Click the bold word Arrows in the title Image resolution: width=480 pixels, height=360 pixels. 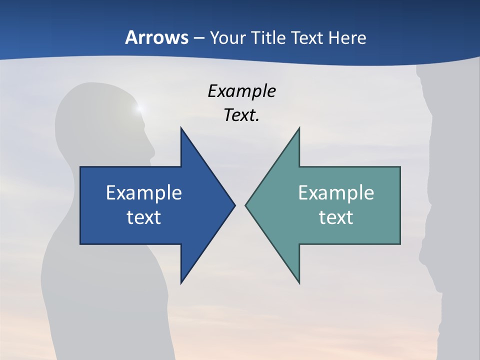pos(156,37)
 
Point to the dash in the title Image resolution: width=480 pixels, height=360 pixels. pos(198,38)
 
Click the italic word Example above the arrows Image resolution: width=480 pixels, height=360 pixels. pos(241,91)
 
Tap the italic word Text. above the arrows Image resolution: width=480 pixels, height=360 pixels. pos(241,115)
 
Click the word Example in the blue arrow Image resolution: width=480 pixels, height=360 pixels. pos(144,192)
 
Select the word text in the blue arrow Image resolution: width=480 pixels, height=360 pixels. pos(144,217)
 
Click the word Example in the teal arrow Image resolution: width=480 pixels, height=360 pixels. pos(336,192)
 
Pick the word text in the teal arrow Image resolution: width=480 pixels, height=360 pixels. pos(336,217)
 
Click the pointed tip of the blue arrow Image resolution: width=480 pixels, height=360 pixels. pos(234,205)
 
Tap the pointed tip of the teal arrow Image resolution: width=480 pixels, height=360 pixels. pos(245,205)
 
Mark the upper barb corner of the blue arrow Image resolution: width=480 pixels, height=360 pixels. pos(181,128)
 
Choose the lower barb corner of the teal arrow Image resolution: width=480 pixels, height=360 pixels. pos(299,283)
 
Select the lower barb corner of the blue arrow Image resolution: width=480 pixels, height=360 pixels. pos(181,283)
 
